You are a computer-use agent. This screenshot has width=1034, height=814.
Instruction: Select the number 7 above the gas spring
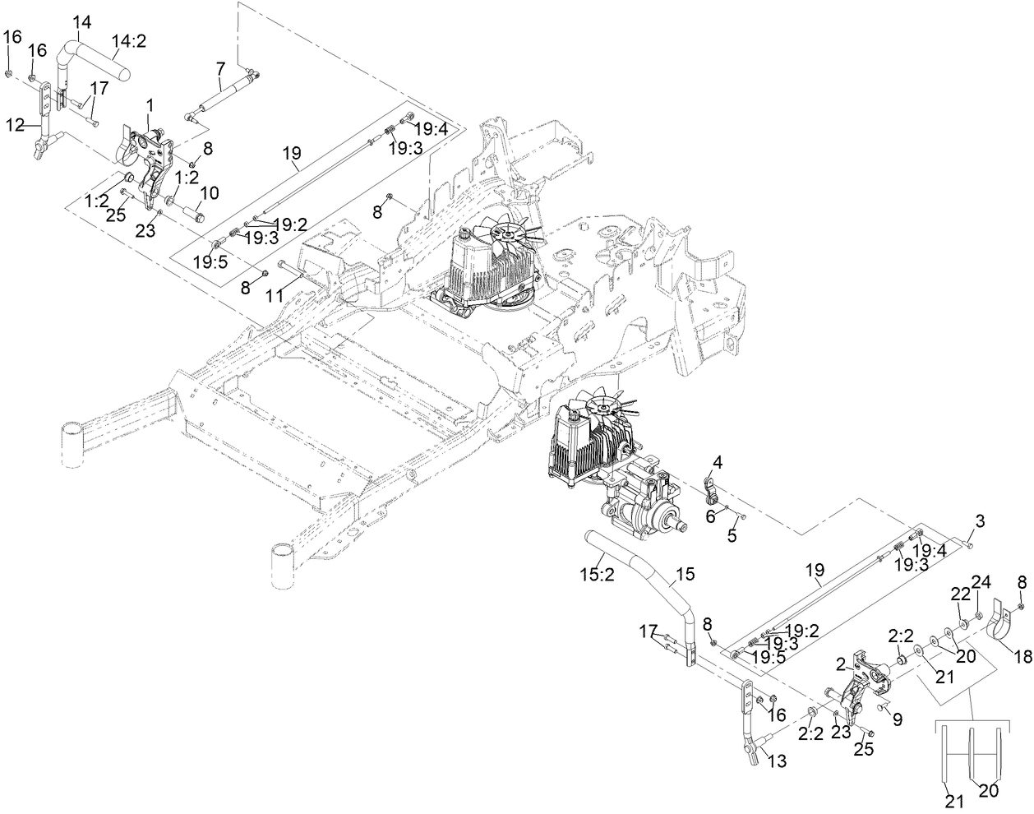coord(219,72)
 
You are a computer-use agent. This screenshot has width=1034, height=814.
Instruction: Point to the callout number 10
coord(210,193)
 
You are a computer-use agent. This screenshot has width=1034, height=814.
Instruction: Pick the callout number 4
coord(717,464)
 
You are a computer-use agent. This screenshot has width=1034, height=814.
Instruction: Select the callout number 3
coord(979,521)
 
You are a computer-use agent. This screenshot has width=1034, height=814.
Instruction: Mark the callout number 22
coord(961,594)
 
